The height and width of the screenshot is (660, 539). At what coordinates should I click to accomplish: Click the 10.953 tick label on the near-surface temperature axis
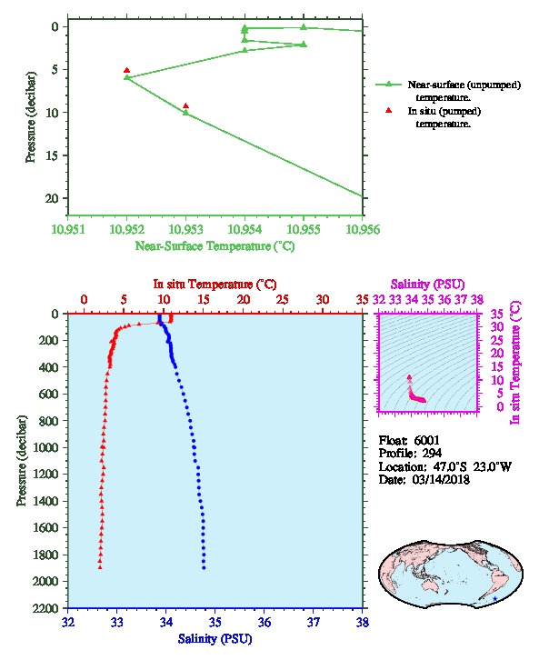186,229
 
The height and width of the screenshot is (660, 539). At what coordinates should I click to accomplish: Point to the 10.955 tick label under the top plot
304,229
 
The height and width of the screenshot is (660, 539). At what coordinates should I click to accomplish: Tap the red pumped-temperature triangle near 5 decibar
126,70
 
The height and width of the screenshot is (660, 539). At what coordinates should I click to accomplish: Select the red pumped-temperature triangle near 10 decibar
185,106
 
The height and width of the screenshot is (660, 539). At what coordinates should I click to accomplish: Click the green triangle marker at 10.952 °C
126,77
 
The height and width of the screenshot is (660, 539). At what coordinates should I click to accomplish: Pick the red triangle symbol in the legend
388,110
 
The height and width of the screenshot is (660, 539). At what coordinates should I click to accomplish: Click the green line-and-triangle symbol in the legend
388,85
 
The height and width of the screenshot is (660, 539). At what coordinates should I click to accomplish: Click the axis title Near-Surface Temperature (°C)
215,246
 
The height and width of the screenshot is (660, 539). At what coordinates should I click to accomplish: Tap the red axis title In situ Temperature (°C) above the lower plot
215,285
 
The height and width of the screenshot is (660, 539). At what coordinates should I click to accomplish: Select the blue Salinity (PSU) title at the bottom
215,639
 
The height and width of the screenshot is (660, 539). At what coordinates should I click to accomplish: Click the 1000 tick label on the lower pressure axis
45,447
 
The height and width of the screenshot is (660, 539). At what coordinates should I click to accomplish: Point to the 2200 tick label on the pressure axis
45,608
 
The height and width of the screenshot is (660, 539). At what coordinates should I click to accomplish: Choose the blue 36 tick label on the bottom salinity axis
265,622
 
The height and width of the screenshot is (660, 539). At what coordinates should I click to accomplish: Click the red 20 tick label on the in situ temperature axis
244,300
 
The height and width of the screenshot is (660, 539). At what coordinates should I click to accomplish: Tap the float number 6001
426,440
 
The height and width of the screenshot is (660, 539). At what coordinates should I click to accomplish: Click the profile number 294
432,454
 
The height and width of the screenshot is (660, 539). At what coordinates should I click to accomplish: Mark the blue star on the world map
494,598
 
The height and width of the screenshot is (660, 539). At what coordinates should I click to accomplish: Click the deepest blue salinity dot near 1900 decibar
204,567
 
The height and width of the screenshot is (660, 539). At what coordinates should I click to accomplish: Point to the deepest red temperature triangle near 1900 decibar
100,567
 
